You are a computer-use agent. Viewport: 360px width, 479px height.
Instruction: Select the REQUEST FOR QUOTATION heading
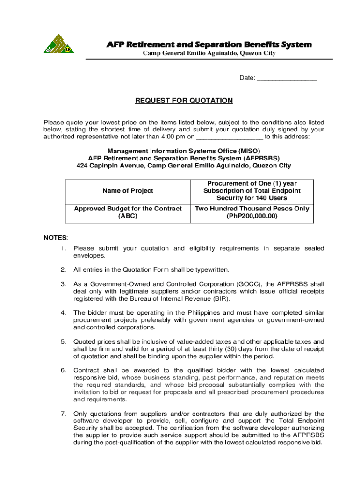tap(184, 101)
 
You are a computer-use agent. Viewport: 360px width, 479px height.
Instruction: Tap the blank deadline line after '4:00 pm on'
tap(230, 138)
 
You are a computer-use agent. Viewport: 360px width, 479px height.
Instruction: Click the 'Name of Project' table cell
tap(128, 191)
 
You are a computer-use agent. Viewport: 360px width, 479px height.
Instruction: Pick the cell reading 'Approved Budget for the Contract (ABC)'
tap(128, 212)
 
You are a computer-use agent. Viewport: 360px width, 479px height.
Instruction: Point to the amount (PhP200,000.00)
tap(252, 216)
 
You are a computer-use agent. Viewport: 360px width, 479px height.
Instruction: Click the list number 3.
tap(63, 284)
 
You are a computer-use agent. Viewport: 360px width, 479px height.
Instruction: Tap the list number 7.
tap(63, 414)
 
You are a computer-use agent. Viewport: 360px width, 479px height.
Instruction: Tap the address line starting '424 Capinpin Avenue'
tap(184, 166)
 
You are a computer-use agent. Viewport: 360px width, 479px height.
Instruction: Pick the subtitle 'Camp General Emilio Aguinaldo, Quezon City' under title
tap(209, 53)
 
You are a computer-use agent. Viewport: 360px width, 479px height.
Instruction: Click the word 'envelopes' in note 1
tap(89, 255)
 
